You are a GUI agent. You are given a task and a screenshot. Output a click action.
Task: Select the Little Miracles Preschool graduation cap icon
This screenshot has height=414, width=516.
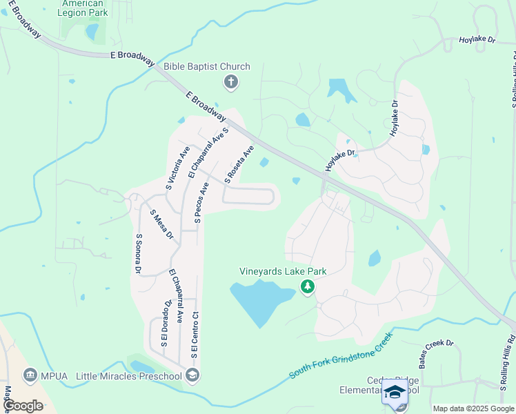point(192,376)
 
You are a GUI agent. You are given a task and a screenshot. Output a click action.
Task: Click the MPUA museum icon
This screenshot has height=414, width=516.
point(30,376)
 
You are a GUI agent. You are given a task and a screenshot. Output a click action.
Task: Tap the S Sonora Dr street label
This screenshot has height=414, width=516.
point(139,254)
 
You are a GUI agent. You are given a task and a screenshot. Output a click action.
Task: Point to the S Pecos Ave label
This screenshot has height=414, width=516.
point(201,203)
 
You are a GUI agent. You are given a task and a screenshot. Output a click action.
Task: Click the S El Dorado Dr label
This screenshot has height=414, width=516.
point(166,323)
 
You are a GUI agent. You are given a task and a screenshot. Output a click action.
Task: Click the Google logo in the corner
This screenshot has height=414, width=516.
point(23,406)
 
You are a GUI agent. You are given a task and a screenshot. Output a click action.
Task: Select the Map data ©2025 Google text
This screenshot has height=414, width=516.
point(473,408)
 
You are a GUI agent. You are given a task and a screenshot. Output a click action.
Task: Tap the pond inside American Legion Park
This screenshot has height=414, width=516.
point(92,32)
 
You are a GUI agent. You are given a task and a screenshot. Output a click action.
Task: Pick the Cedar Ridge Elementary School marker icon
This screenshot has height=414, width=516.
point(395,392)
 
